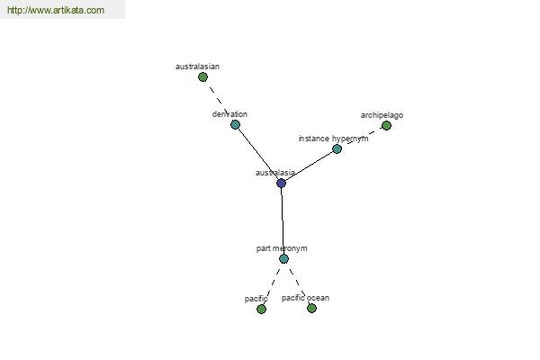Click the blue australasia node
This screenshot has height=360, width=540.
pos(282,183)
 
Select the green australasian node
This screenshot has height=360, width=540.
pos(202,77)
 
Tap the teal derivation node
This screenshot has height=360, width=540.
pos(235,124)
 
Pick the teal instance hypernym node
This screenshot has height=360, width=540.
pos(337,148)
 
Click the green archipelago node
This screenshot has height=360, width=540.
pos(386,125)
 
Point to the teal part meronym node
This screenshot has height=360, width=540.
pos(283,258)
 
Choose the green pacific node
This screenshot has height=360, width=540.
pos(261,309)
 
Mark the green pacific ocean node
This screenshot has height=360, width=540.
pos(311,308)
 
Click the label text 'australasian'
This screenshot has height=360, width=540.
pos(197,67)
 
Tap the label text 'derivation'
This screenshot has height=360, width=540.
pos(229,114)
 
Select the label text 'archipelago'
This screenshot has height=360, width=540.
pos(382,115)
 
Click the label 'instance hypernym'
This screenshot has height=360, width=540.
pos(333,139)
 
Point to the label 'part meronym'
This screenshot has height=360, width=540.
pos(282,248)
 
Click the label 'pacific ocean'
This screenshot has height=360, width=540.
pos(305,298)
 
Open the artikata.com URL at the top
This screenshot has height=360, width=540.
pos(56,10)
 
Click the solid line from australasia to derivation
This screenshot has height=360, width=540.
pos(258,154)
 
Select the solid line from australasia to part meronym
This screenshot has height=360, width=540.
pos(283,220)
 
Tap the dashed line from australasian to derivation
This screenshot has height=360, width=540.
pos(219,101)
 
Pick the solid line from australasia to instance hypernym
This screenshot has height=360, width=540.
pos(310,166)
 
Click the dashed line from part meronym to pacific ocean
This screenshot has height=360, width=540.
pos(298,283)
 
